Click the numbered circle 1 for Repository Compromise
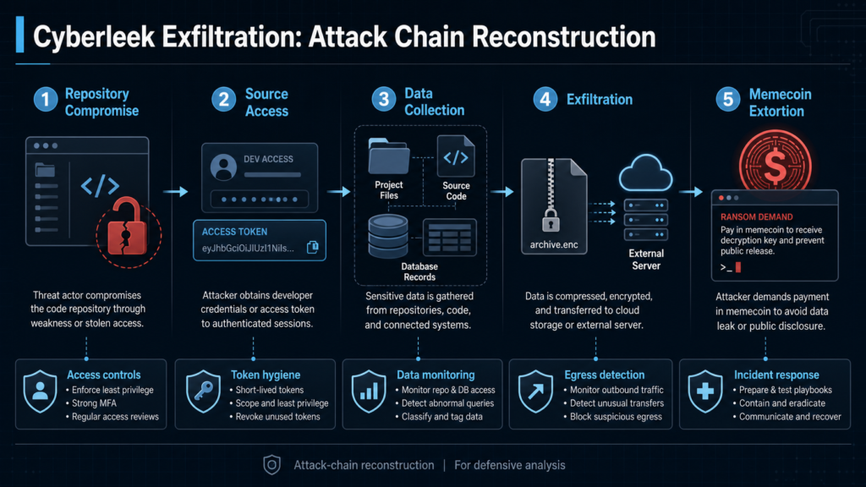[46, 100]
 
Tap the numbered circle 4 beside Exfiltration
[545, 100]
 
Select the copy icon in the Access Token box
[313, 247]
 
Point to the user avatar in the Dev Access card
[223, 167]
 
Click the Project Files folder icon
[389, 156]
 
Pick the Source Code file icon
[456, 156]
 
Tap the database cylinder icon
[388, 237]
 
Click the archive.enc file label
[554, 244]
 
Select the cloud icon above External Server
[645, 173]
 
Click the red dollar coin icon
[776, 165]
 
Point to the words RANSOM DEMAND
[757, 217]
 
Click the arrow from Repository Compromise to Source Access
[176, 192]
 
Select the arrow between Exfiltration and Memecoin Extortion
[691, 192]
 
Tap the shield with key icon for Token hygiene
[203, 391]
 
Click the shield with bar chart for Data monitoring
[369, 391]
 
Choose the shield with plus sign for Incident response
[705, 391]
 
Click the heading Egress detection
[604, 375]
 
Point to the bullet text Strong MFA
[94, 403]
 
